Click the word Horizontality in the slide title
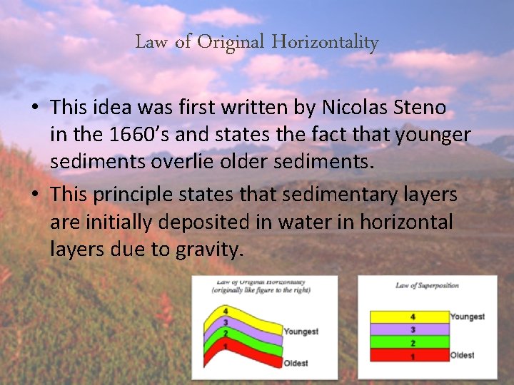(325, 43)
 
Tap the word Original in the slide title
(231, 43)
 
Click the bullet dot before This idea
(34, 108)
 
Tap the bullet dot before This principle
(34, 195)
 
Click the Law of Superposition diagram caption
(426, 286)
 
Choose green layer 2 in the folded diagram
(239, 337)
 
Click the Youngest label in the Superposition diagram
(468, 317)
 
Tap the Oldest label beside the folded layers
(296, 363)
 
